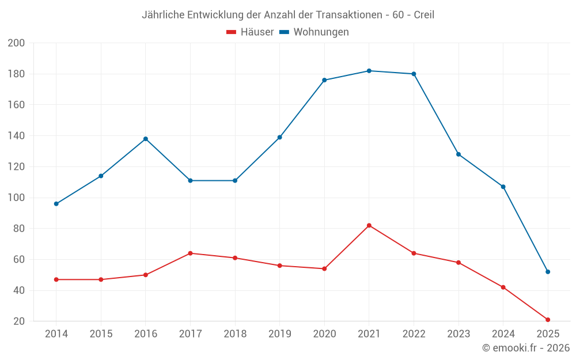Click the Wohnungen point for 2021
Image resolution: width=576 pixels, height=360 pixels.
point(369,71)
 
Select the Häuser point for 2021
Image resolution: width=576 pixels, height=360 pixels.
point(369,225)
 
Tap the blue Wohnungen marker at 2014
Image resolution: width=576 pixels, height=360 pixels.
point(56,204)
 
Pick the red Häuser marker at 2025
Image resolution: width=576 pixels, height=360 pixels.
point(548,320)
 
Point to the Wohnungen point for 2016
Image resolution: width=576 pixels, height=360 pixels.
point(146,139)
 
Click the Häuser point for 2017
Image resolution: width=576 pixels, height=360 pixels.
point(190,253)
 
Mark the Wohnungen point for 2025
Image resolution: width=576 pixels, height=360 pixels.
point(548,272)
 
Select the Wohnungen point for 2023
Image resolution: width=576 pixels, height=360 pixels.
point(458,154)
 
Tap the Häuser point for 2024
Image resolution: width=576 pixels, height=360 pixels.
point(503,287)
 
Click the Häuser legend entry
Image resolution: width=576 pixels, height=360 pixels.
point(250,32)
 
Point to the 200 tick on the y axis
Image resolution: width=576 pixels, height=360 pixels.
point(17,43)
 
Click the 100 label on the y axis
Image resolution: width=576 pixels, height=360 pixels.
point(17,198)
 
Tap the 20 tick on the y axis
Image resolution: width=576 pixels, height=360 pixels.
point(19,321)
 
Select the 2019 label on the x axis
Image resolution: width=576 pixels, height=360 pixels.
point(280,334)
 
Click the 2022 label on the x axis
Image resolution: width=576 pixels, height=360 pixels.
point(414,334)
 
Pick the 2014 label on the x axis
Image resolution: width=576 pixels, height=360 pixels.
point(56,334)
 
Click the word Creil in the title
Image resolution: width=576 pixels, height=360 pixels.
point(424,15)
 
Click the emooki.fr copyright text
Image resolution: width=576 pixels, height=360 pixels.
point(526,348)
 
